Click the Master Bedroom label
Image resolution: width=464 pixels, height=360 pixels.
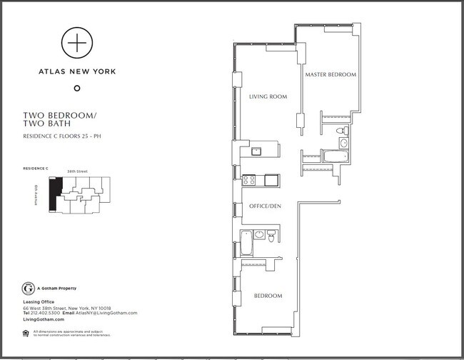(x=331, y=75)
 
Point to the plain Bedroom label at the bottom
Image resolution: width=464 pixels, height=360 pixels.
(x=268, y=296)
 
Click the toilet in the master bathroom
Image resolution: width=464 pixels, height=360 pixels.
(x=341, y=131)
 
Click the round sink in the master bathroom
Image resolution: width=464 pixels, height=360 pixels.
(x=343, y=143)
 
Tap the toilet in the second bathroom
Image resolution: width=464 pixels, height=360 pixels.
(x=271, y=237)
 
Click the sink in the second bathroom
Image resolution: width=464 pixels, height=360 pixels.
(x=260, y=234)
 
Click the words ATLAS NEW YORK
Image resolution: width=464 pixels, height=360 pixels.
(x=76, y=71)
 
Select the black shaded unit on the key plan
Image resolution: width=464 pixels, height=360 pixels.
(x=54, y=194)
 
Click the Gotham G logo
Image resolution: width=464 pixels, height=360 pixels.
(x=29, y=289)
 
